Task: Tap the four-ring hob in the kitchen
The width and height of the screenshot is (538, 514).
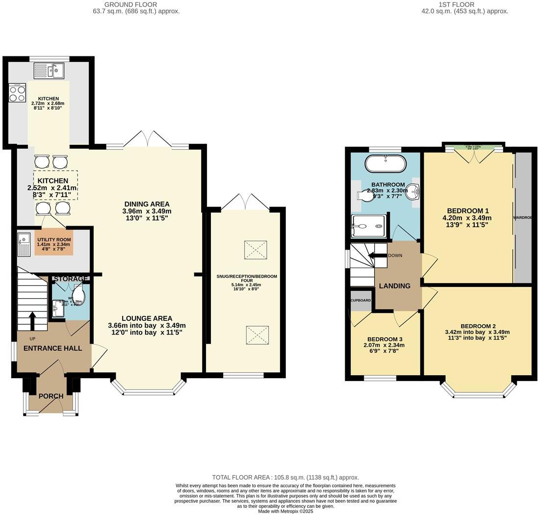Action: coord(17,93)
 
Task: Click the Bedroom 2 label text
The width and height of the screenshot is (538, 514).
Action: coord(478,326)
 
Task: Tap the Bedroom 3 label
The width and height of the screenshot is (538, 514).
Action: coord(385,339)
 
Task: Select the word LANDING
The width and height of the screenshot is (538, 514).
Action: coord(394,286)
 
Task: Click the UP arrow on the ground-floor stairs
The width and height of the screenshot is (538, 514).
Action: coord(32,320)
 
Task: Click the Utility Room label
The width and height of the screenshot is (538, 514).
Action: coord(53,239)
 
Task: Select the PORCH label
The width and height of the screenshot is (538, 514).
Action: coord(51,396)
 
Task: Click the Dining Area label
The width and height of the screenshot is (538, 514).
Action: coord(147,204)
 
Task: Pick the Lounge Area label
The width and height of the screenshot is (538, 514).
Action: coord(147,318)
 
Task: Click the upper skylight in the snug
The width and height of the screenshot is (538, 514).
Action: coord(255,250)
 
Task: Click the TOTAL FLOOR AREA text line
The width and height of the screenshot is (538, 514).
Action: coord(285,477)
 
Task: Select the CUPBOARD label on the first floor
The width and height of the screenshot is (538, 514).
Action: coord(360,300)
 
